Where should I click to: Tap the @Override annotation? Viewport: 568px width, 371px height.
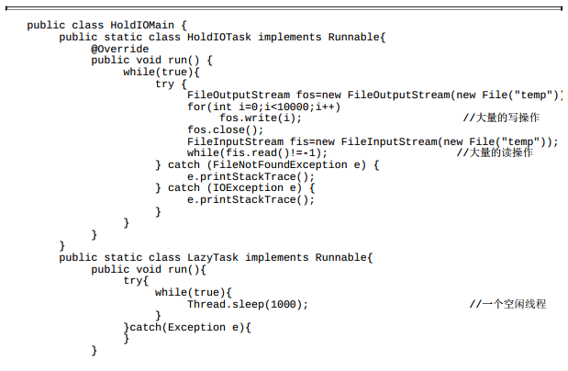120,49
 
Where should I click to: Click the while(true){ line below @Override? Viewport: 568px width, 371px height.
161,72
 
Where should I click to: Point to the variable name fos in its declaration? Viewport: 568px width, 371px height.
306,95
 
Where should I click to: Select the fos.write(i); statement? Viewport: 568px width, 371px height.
261,118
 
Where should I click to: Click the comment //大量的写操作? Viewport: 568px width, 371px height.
501,118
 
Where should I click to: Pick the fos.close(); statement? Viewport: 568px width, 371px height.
226,129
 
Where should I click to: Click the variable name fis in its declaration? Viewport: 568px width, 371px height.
299,141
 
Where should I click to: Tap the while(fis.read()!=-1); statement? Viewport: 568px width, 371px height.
258,152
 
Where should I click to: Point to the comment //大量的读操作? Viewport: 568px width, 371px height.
495,152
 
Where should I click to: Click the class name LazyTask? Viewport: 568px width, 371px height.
213,257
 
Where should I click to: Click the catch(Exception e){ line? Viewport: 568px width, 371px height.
187,327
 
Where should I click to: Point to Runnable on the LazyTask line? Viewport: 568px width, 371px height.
341,257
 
